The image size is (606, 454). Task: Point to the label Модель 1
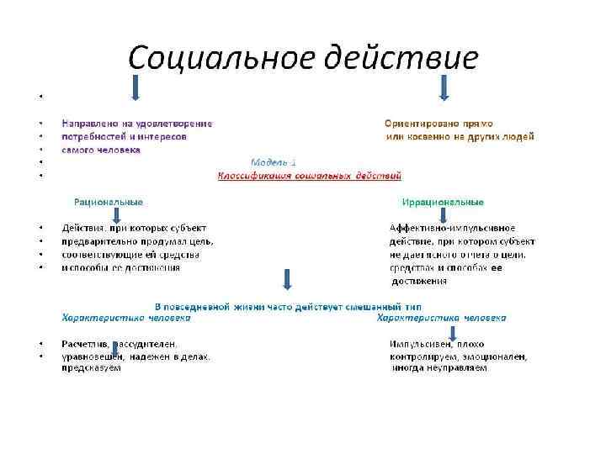click(x=274, y=161)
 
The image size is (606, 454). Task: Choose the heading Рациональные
click(x=109, y=202)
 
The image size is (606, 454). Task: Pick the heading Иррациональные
click(x=443, y=202)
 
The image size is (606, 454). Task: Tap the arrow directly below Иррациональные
click(x=447, y=215)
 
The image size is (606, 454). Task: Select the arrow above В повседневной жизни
click(x=288, y=280)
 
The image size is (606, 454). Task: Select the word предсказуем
click(x=91, y=367)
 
